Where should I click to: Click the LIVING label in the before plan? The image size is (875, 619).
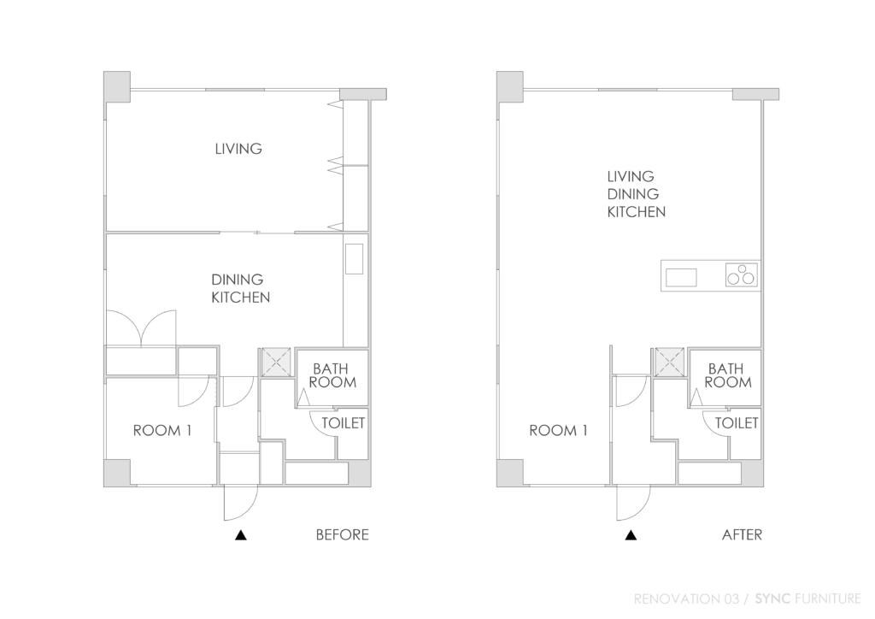(238, 149)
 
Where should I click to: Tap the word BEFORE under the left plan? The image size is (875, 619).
(342, 534)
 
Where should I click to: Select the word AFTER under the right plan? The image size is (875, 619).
(742, 534)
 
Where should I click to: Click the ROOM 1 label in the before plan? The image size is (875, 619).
(162, 430)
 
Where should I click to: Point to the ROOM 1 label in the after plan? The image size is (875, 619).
(558, 430)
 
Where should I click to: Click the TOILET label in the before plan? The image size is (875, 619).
(344, 423)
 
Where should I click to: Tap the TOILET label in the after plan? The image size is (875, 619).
(737, 423)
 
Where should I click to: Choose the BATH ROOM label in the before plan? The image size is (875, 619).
(332, 375)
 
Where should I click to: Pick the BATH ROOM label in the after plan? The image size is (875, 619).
(728, 375)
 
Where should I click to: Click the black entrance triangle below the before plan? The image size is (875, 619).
(240, 535)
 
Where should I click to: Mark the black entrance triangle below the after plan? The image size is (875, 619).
(631, 535)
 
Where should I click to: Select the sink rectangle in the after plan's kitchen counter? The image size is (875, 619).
(681, 277)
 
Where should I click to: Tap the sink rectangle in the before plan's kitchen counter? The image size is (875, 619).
(354, 259)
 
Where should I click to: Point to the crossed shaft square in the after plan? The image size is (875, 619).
(670, 362)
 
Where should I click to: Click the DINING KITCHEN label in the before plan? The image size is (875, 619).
(240, 289)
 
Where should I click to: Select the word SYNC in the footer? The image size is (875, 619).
(772, 598)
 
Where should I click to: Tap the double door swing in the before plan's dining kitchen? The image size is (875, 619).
(142, 328)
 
